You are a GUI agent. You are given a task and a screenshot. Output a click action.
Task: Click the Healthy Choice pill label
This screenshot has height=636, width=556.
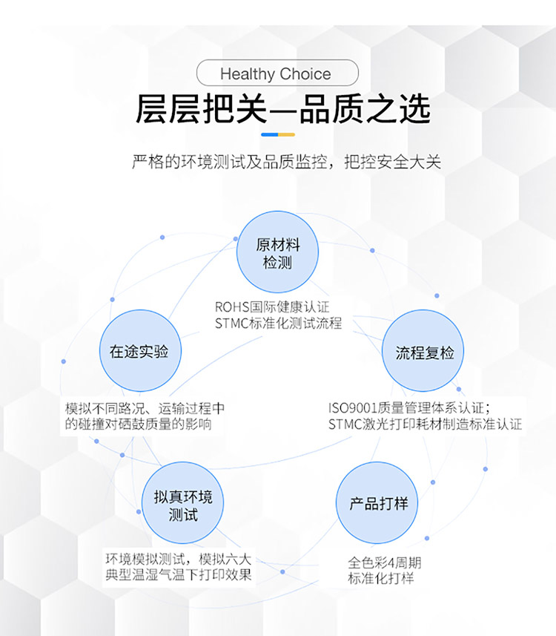[277, 73]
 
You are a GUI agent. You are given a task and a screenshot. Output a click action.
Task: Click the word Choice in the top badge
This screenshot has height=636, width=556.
[305, 73]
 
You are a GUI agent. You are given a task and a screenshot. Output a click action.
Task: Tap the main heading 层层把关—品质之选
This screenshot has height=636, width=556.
[282, 108]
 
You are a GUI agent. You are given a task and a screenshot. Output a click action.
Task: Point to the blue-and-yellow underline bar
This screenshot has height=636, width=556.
[278, 134]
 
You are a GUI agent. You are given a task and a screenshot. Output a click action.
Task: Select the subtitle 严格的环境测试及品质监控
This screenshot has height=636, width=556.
[230, 162]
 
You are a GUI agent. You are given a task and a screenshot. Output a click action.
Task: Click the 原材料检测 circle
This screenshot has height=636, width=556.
[277, 252]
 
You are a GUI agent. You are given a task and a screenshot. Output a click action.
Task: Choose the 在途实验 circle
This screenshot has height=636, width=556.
[140, 351]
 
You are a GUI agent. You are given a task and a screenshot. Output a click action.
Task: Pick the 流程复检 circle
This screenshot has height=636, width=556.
[423, 351]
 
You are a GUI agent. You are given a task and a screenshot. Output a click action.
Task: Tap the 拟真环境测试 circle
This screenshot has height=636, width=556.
[183, 503]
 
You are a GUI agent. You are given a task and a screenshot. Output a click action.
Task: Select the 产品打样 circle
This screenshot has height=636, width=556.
[377, 503]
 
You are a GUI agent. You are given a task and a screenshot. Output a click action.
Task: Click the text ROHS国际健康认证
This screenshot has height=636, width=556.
[272, 307]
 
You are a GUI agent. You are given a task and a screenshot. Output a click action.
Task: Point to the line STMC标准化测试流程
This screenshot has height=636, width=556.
[279, 324]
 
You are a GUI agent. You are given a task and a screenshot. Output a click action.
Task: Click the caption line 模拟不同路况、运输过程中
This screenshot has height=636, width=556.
[145, 408]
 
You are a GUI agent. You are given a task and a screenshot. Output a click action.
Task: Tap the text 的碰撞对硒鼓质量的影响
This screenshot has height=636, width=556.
[138, 424]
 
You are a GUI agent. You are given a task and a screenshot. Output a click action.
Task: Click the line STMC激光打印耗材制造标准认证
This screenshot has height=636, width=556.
[425, 424]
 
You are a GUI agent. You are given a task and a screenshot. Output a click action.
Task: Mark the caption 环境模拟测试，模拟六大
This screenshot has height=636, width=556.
[179, 560]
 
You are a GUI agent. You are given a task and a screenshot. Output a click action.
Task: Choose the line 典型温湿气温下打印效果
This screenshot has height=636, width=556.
[179, 574]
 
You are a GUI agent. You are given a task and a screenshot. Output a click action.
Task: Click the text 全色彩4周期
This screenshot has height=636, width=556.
[385, 563]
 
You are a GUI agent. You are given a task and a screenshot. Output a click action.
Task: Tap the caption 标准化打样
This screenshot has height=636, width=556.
[381, 578]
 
